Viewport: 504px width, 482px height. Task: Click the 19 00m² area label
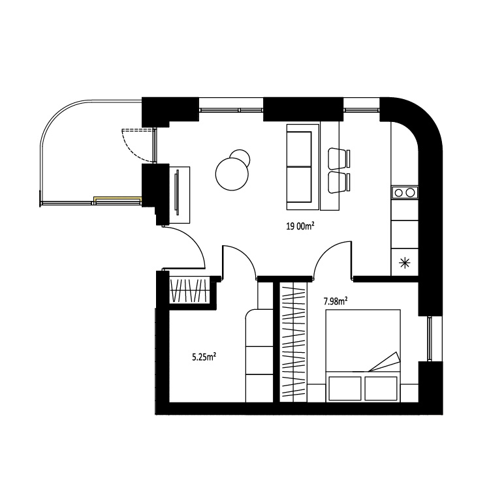[x=300, y=226]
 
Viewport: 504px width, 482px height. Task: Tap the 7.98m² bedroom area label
[x=336, y=301]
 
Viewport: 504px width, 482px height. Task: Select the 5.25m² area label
[x=204, y=357]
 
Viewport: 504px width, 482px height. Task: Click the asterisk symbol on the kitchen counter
[x=404, y=263]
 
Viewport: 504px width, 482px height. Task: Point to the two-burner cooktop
[x=405, y=192]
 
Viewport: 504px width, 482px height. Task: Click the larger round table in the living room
[x=232, y=174]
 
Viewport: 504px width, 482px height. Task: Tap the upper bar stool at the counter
[x=339, y=158]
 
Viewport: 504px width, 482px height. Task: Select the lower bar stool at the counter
[x=339, y=183]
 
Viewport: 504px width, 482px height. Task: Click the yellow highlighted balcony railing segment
[x=118, y=200]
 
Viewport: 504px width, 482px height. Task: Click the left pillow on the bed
[x=343, y=388]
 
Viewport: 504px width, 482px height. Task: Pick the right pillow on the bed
[x=381, y=388]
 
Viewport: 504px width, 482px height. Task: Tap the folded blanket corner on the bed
[x=385, y=362]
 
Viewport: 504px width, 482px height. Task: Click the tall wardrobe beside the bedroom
[x=293, y=342]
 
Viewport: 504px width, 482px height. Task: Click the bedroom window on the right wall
[x=430, y=339]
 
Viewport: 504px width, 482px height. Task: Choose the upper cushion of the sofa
[x=299, y=149]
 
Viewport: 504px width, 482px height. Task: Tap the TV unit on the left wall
[x=180, y=195]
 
